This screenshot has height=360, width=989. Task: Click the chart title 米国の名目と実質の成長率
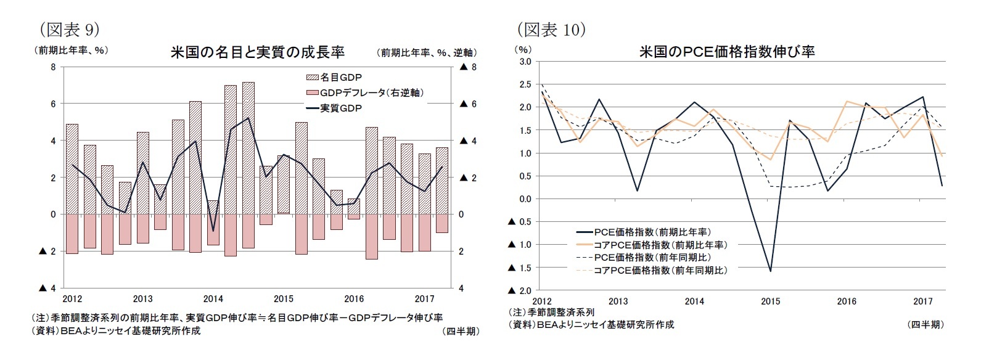(257, 52)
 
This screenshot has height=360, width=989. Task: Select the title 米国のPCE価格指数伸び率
(727, 52)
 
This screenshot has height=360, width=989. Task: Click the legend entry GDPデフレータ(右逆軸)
(364, 92)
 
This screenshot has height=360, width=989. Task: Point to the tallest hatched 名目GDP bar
(248, 148)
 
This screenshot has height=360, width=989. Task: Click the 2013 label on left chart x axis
(142, 299)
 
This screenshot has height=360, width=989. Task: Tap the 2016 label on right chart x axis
(846, 301)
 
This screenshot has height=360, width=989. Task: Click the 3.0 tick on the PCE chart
(525, 62)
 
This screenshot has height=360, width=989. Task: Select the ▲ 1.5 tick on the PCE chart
(520, 268)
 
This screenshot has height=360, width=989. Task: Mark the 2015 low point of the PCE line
(771, 271)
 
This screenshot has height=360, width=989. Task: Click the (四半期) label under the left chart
(460, 331)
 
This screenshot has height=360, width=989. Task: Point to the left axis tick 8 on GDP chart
(53, 67)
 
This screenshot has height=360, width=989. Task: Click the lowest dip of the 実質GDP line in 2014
(213, 231)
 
